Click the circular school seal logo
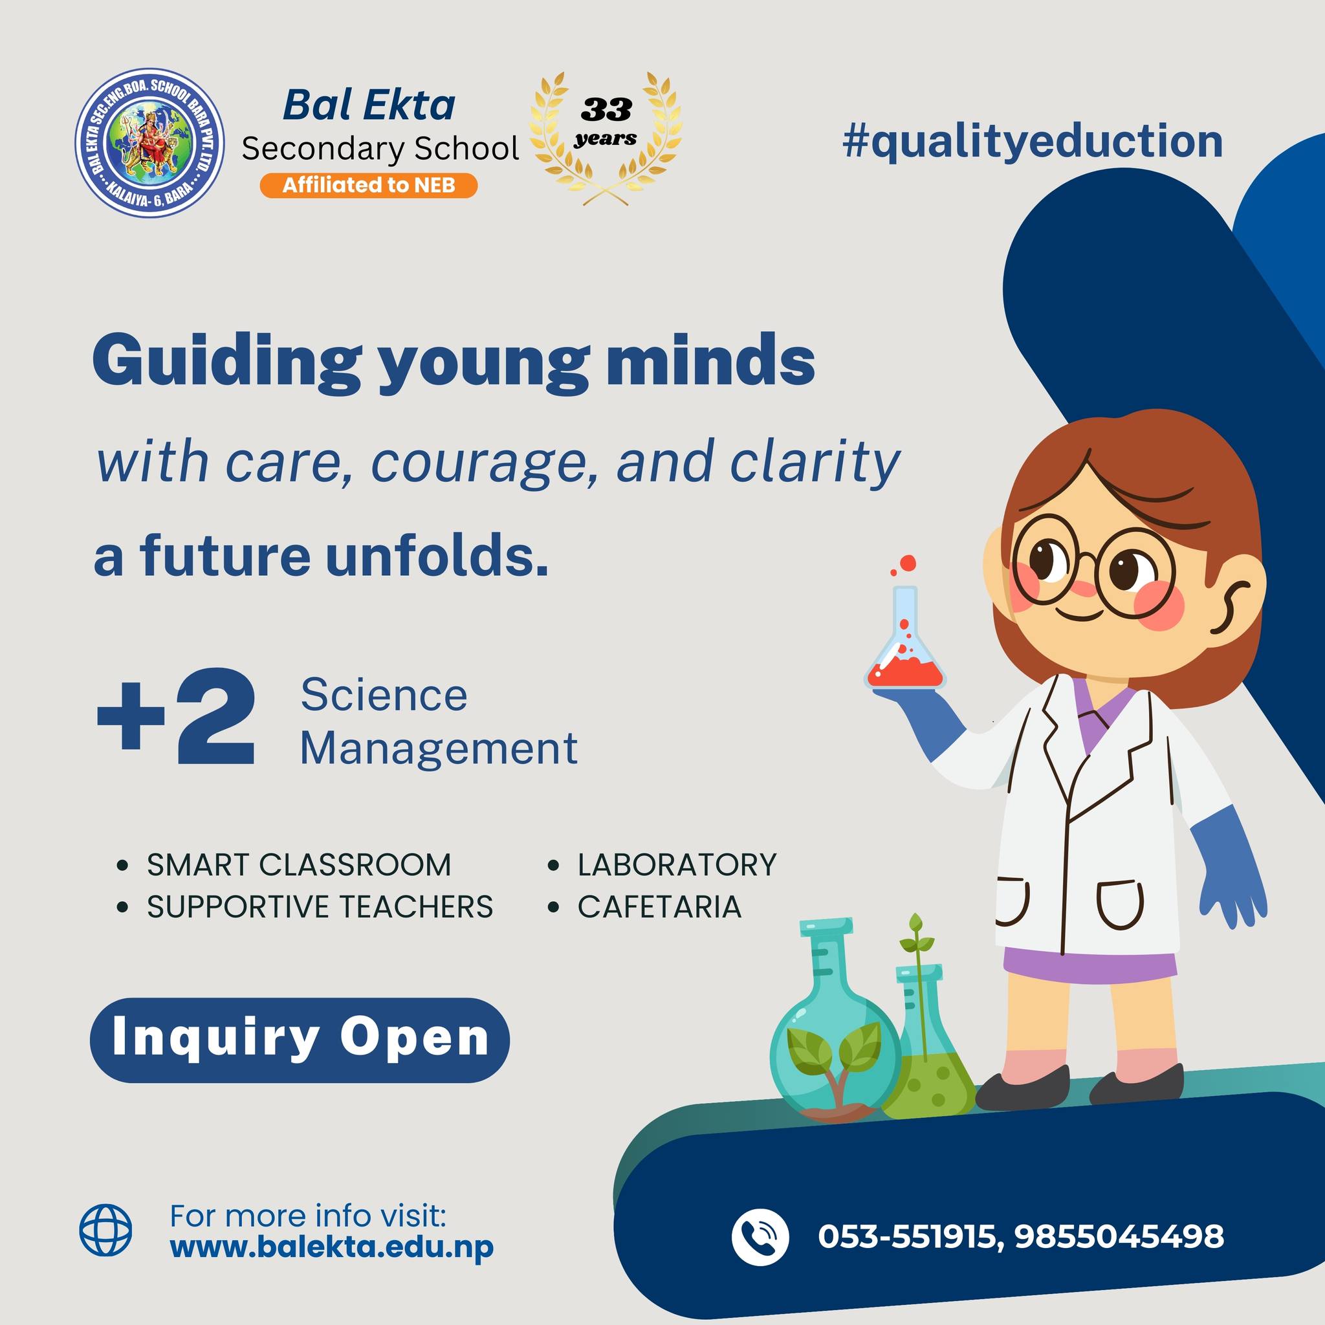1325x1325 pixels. pos(149,142)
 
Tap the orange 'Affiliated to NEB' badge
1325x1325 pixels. pos(368,185)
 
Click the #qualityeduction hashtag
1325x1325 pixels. pos(1033,141)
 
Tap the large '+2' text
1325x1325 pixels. pos(176,717)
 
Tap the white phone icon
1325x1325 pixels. pos(760,1236)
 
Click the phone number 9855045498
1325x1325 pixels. pos(1119,1236)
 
